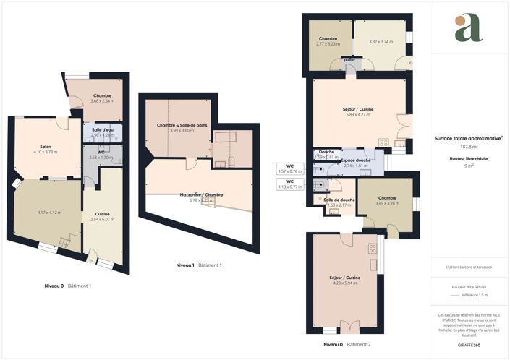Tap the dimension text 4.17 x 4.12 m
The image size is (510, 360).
pos(48,213)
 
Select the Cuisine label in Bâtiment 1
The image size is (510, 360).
pos(102,214)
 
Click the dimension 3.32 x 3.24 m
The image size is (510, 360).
pos(381,42)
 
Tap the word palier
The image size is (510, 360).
pos(349,61)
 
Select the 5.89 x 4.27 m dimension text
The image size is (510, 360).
pos(357,115)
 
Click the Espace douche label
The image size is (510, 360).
pos(356,160)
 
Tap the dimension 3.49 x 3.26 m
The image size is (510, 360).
pos(387,203)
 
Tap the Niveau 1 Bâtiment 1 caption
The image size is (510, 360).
pos(199,265)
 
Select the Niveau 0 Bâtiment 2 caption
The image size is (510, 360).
pos(347,345)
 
